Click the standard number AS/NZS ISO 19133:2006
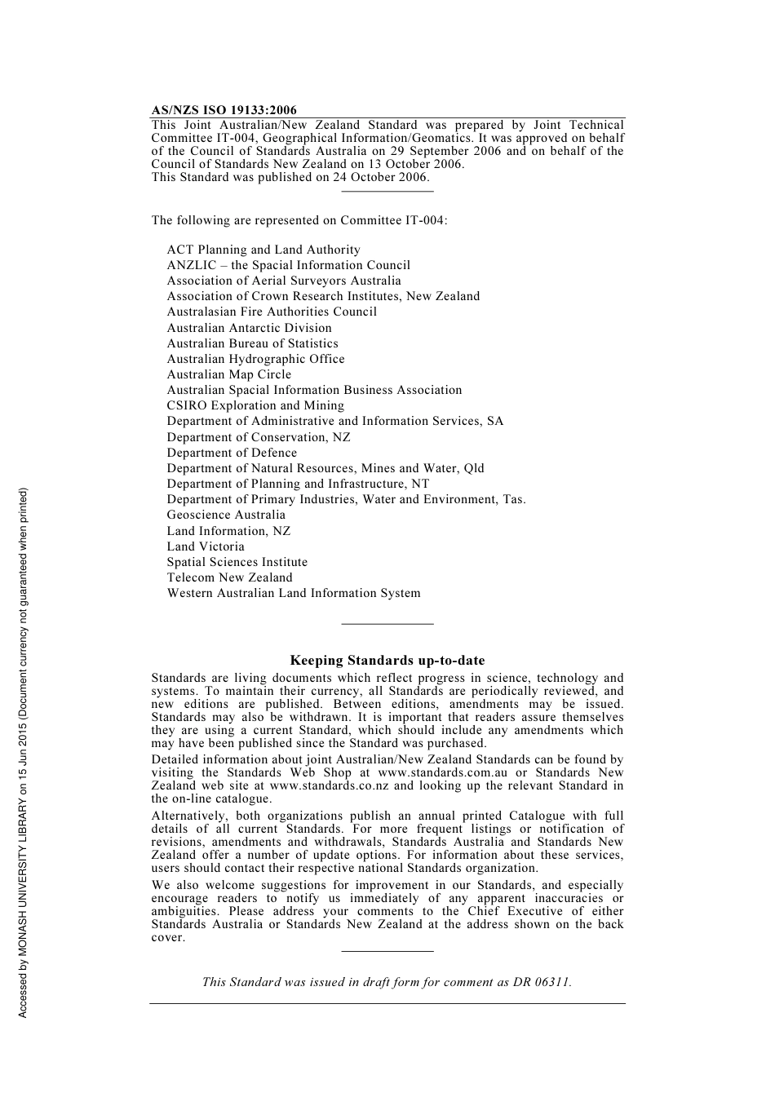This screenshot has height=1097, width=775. [224, 110]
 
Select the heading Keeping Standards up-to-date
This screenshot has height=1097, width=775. [387, 661]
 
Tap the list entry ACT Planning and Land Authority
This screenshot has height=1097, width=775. [263, 250]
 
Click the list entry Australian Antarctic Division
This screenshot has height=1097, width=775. [249, 328]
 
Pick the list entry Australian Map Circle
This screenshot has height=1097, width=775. [228, 374]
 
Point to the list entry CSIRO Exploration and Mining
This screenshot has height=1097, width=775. [255, 405]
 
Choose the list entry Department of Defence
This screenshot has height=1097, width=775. [232, 453]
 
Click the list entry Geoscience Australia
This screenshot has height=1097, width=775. [226, 515]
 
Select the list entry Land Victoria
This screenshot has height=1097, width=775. [206, 546]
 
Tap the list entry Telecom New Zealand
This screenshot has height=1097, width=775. [229, 577]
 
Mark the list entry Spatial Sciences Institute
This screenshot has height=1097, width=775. [237, 562]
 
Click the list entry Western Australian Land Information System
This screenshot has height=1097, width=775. [294, 593]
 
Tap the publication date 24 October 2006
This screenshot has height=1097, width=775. [380, 177]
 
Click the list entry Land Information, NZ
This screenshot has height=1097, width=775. [228, 531]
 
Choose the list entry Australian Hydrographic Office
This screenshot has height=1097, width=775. [255, 359]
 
